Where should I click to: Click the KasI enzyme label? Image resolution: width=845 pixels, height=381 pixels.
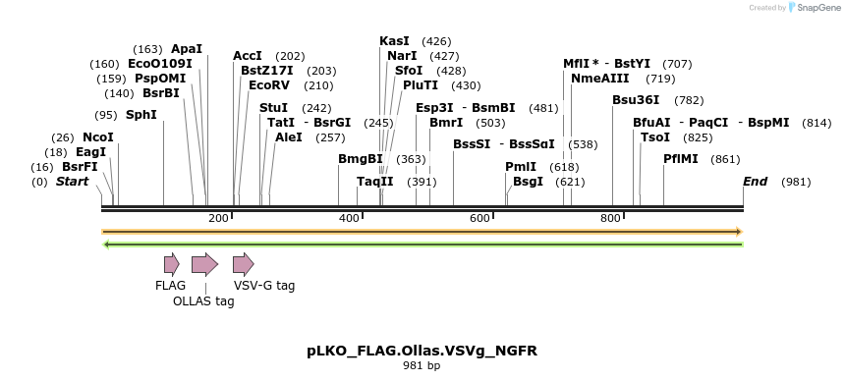[x=394, y=40]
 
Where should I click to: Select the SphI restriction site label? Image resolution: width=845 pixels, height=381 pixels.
[x=141, y=114]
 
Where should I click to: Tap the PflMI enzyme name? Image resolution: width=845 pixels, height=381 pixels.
[x=680, y=158]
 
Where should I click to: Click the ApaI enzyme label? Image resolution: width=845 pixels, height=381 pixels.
[x=187, y=48]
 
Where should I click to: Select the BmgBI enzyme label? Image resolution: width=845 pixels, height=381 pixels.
[x=360, y=158]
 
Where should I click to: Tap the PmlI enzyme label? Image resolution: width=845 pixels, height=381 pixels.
[x=521, y=166]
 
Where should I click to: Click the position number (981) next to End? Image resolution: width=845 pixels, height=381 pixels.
[x=796, y=182]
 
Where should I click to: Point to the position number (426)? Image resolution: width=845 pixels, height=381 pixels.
[x=436, y=40]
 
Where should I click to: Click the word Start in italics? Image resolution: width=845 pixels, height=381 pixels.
[x=72, y=182]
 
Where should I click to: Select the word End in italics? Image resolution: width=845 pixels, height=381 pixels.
[x=755, y=182]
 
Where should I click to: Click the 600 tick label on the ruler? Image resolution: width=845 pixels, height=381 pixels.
[x=479, y=217]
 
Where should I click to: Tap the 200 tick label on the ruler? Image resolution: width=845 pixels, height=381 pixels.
[x=218, y=217]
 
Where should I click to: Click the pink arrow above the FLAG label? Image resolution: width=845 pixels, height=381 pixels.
[x=171, y=263]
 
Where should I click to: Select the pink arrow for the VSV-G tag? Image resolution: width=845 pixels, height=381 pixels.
[x=243, y=263]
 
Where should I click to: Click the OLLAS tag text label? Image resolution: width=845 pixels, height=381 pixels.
[x=203, y=301]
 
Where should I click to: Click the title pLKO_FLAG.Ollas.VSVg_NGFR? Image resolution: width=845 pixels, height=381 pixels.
[x=422, y=351]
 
